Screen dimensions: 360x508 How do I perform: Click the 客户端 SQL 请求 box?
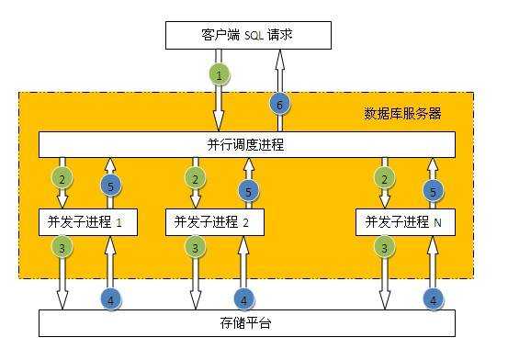coord(246,37)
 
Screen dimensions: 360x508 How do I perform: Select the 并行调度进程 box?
coord(246,145)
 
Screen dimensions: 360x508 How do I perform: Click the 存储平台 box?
coord(246,323)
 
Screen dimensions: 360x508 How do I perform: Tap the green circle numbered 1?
coord(219,73)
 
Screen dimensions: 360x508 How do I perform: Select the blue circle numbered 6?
coord(279,106)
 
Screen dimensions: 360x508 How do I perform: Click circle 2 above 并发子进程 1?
coord(61,177)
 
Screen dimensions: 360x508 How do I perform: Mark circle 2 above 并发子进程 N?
coord(384,177)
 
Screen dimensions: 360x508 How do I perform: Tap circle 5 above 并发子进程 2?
coord(246,191)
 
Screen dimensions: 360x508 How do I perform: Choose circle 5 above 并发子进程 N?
coord(432,191)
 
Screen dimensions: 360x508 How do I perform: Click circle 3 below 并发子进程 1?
coord(61,248)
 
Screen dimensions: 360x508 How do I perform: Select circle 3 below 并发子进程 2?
coord(195,248)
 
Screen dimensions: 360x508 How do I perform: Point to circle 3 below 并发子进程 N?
coord(384,248)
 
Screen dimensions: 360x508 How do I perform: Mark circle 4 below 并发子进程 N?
coord(432,298)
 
